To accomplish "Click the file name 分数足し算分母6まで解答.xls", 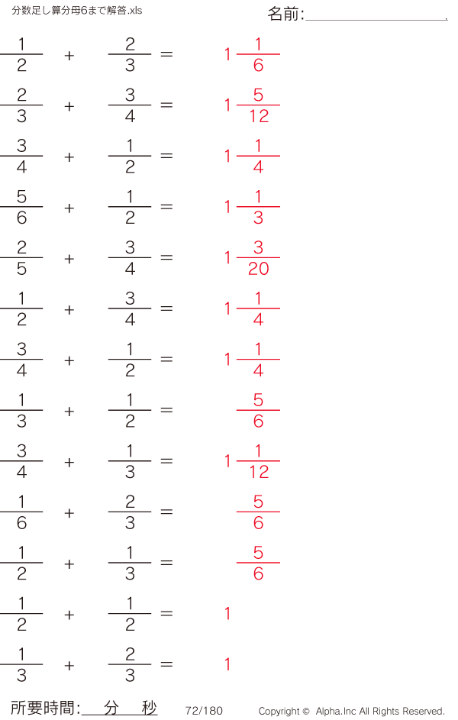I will coord(77,11).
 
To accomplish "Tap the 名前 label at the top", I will coord(285,14).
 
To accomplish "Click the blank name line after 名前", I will coord(375,17).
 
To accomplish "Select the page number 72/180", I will coord(204,711).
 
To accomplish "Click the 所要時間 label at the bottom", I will coord(45,709).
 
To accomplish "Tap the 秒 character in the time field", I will coord(149,708).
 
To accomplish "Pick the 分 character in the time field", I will coord(111,708).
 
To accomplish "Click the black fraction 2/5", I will coord(21,258).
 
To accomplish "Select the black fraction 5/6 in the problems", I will coord(21,207).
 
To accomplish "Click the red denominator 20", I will coord(258,269).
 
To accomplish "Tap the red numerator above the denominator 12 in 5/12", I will coord(258,95).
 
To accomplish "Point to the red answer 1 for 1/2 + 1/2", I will coord(227,614).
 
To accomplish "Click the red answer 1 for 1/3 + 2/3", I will coord(227,664).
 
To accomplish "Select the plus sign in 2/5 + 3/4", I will coord(69,259).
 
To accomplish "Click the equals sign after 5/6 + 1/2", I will coord(166,207).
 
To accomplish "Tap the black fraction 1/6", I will coord(21,512).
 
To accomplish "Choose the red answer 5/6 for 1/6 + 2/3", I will coord(258,512).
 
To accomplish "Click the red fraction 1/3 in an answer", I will coord(258,207).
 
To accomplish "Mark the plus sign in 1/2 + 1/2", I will coord(69,615).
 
